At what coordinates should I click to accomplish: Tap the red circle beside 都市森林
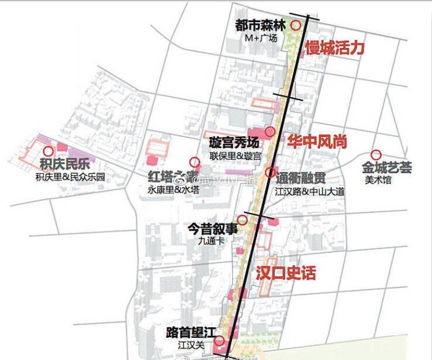click(296, 25)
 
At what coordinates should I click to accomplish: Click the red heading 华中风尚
click(317, 141)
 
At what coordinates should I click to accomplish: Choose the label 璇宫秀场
click(234, 143)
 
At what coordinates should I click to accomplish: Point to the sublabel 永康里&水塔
click(174, 190)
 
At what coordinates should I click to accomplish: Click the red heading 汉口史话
click(286, 273)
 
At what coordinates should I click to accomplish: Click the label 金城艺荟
click(386, 168)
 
